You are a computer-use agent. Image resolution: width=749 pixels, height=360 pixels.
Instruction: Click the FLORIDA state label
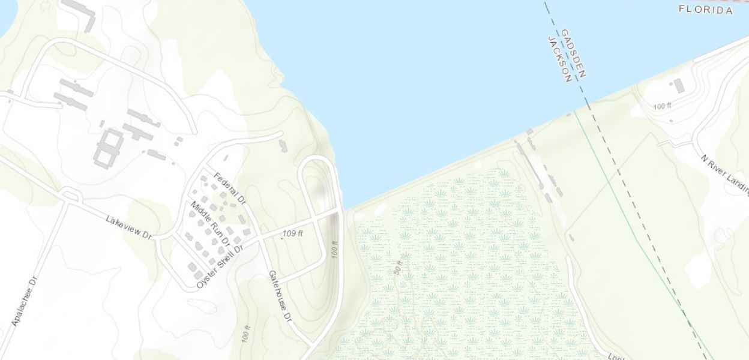click(x=706, y=10)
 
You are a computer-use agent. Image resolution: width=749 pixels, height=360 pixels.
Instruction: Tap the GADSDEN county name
click(x=573, y=53)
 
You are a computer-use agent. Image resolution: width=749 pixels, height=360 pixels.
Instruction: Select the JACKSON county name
click(x=559, y=58)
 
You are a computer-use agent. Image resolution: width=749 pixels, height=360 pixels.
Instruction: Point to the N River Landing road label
click(x=725, y=175)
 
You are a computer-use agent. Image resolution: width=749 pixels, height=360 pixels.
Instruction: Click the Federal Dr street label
click(x=230, y=187)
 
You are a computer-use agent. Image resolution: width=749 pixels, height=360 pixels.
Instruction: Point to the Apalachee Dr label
click(x=25, y=302)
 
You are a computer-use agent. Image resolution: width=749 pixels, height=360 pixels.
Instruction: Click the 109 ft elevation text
click(x=292, y=233)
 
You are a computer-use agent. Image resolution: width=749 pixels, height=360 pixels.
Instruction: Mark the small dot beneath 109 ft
click(x=283, y=238)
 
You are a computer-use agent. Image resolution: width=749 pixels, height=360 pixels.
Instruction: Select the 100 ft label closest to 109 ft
click(x=335, y=250)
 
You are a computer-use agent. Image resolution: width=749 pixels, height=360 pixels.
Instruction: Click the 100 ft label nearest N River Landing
click(x=662, y=106)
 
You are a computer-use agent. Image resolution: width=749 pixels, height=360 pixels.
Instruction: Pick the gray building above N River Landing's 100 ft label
click(x=679, y=86)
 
